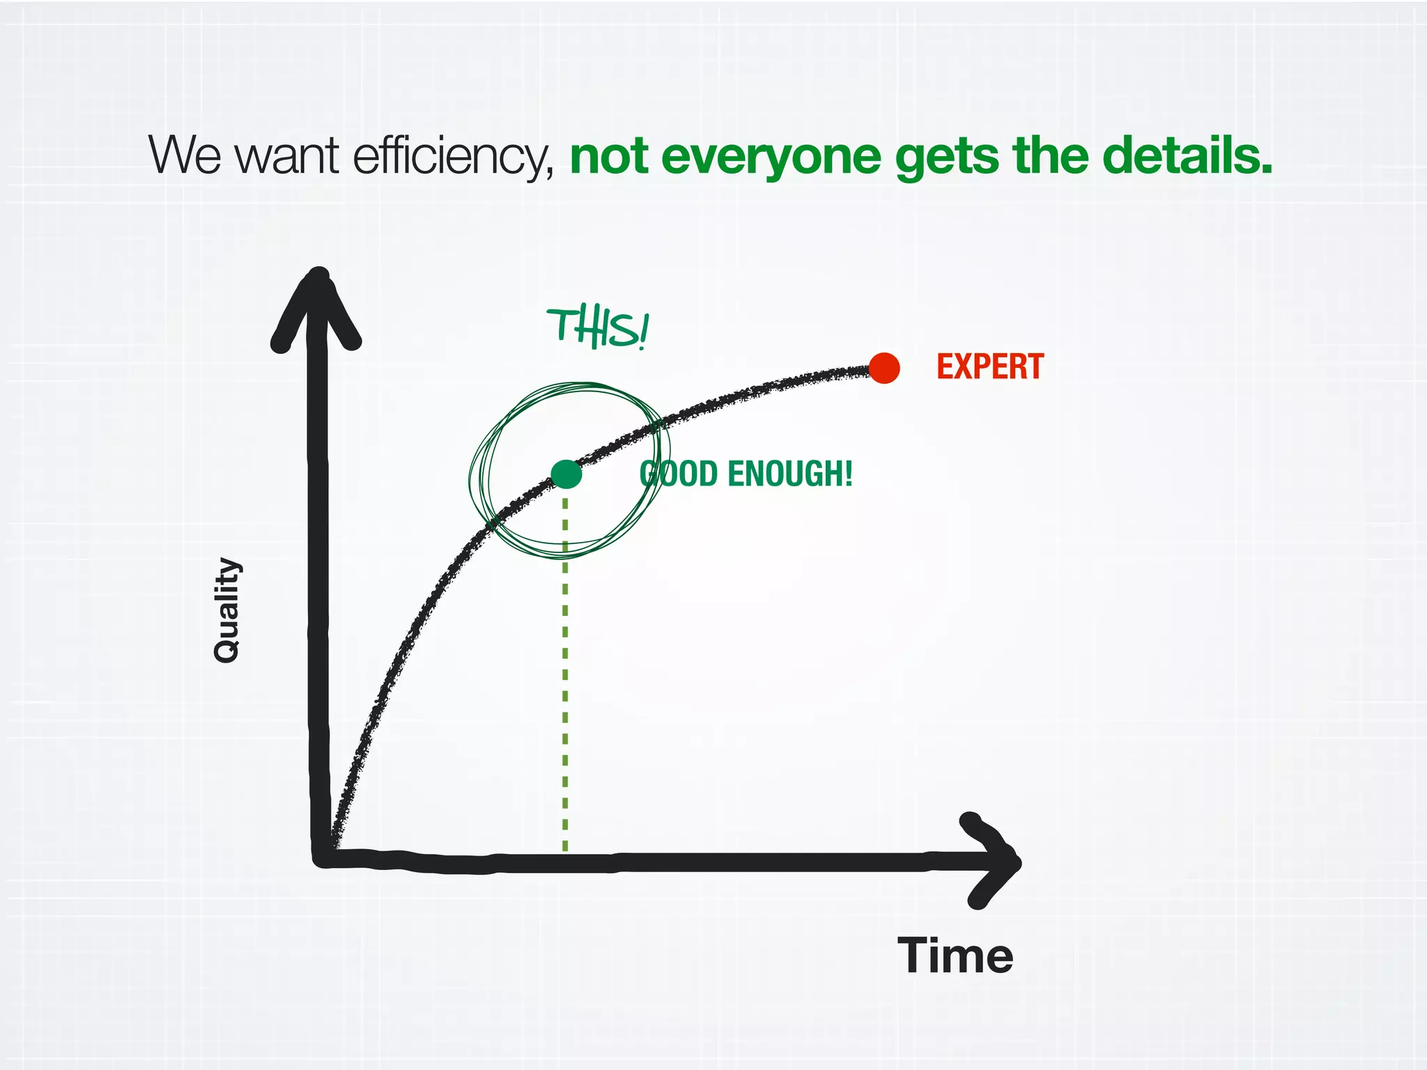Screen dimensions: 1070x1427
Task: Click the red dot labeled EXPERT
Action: point(884,368)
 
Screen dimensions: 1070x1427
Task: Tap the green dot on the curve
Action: point(566,474)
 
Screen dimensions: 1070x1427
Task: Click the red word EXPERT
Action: point(989,367)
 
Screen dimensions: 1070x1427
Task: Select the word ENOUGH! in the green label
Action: point(789,474)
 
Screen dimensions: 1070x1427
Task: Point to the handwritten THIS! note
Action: point(598,329)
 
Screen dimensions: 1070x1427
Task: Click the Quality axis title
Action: point(226,610)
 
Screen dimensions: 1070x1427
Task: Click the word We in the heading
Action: point(185,156)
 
